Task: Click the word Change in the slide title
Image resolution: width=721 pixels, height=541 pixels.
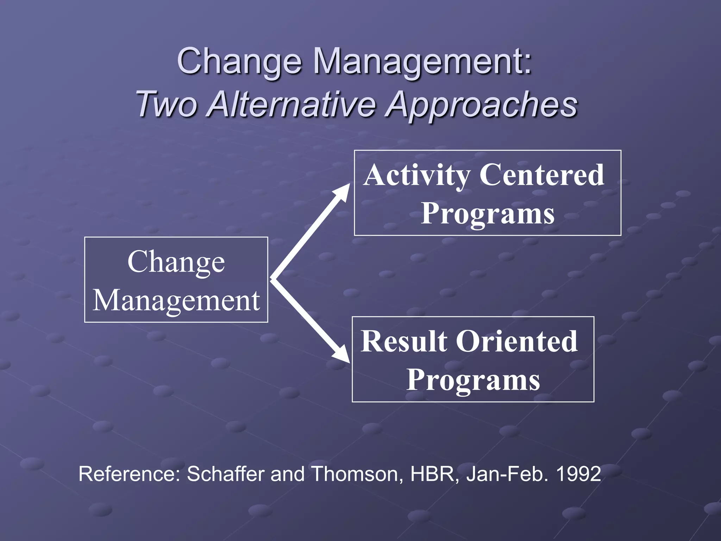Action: point(239,61)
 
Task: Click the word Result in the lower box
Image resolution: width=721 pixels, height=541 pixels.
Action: point(403,341)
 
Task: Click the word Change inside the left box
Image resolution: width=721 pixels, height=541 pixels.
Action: point(176,262)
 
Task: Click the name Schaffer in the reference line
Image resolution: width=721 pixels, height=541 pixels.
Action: point(225,474)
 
